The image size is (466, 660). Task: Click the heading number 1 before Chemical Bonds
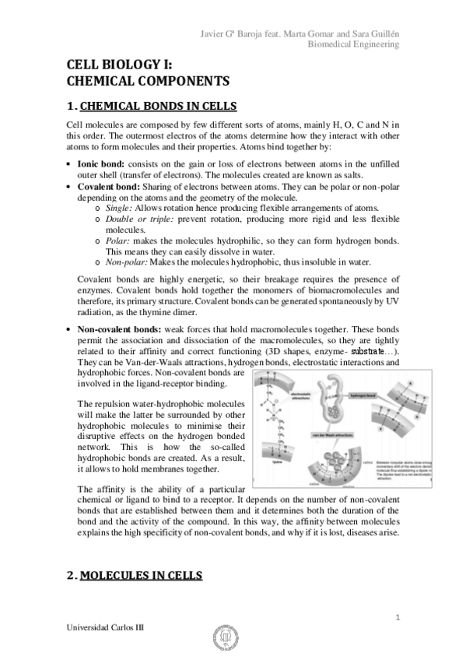[71, 106]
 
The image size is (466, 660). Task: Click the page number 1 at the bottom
[397, 617]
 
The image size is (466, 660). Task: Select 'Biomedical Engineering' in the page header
[354, 44]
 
